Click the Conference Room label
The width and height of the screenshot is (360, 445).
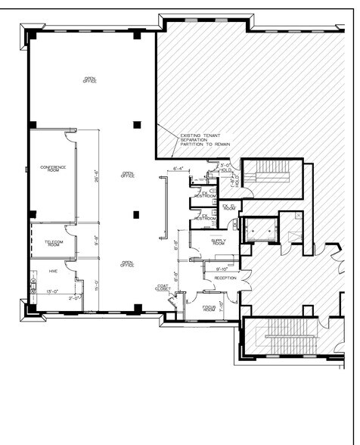(53, 169)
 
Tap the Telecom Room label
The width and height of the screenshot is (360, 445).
(53, 243)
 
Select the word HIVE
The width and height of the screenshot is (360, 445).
(53, 270)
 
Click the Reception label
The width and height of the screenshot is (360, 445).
(225, 279)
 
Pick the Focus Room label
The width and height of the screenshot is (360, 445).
(209, 308)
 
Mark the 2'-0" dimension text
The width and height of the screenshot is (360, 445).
(73, 298)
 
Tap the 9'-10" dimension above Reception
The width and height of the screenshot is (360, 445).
(222, 269)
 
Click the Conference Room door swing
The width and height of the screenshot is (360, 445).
(70, 137)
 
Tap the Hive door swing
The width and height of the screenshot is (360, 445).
(70, 266)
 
